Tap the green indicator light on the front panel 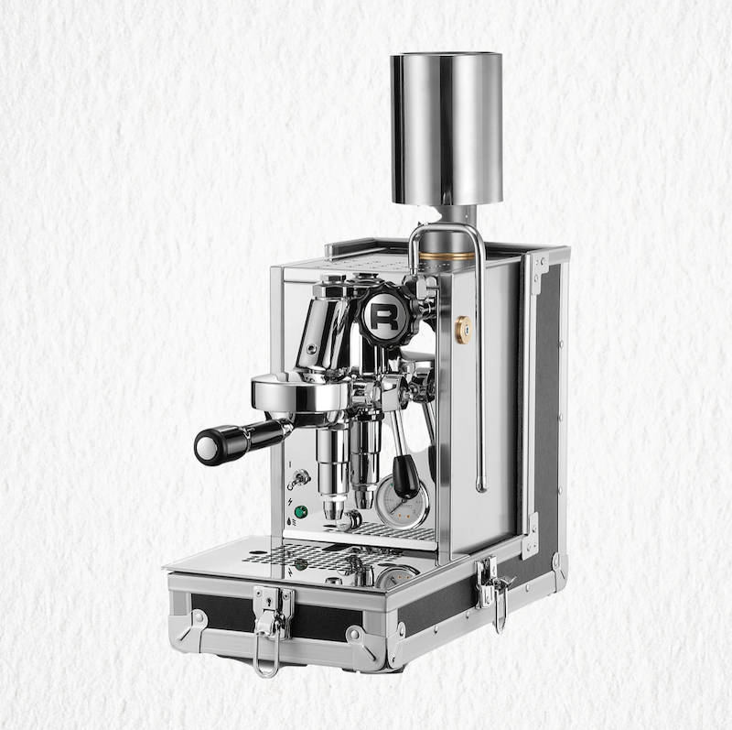[x=301, y=511]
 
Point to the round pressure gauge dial [x=402, y=501]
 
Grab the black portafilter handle [x=242, y=440]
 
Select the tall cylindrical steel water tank [x=446, y=128]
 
